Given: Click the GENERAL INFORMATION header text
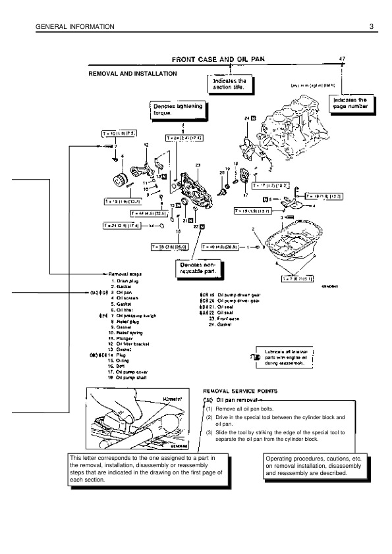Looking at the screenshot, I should click(x=68, y=26).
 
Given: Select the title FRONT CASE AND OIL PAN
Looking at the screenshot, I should click(x=218, y=59).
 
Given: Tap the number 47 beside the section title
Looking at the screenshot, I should click(x=342, y=59).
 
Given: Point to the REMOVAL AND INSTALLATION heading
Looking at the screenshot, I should click(x=132, y=74).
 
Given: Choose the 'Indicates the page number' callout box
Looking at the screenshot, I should click(x=350, y=103).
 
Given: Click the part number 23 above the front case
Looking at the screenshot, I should click(x=197, y=164).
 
